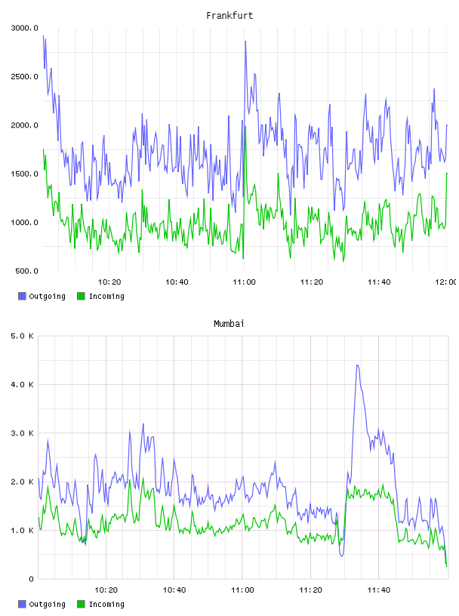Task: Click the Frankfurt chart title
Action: pos(229,16)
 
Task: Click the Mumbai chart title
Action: pos(229,324)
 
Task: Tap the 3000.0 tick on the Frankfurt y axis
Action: pos(24,28)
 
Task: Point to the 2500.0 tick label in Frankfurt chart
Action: pos(24,76)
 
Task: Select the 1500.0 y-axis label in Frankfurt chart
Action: pos(24,174)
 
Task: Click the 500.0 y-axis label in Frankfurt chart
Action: pos(26,271)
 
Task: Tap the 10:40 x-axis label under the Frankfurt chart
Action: pos(177,282)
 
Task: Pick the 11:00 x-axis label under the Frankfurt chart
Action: pos(244,282)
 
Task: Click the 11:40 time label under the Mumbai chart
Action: pos(379,590)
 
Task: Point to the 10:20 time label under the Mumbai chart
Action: pos(106,590)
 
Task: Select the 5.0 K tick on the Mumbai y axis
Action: pos(22,336)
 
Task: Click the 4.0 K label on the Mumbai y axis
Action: pos(22,384)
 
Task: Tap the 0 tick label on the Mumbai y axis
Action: pos(31,579)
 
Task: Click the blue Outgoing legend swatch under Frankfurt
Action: pos(22,296)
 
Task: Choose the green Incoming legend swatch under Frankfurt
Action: pos(81,296)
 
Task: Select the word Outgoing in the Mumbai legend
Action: pos(47,604)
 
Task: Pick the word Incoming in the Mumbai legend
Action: pos(106,604)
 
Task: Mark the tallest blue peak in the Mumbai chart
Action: pos(357,365)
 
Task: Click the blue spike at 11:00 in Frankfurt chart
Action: pos(245,42)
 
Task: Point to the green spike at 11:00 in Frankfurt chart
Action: pos(245,127)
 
